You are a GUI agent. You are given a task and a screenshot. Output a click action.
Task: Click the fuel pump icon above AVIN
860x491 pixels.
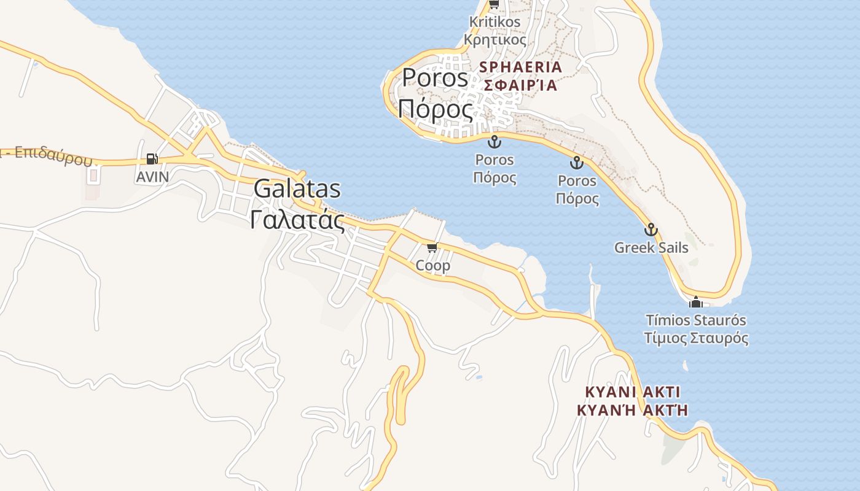[x=152, y=159]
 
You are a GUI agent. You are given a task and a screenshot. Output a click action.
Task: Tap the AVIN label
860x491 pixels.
[x=152, y=177]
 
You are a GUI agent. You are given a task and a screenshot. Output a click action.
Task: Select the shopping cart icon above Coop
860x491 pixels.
[x=432, y=247]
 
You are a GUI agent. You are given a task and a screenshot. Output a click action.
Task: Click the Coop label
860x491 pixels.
[x=433, y=266]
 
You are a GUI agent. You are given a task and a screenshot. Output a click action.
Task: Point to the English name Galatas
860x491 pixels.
[x=297, y=189]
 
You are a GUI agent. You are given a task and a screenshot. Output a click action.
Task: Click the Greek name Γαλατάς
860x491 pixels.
[x=297, y=219]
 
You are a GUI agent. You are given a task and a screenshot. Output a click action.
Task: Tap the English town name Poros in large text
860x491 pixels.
[x=435, y=78]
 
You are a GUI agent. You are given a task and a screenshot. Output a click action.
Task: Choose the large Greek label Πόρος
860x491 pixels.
[x=436, y=109]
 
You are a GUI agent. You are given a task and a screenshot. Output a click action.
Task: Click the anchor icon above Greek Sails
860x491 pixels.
[x=651, y=230]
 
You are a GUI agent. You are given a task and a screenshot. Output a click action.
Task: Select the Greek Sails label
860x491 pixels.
[x=651, y=248]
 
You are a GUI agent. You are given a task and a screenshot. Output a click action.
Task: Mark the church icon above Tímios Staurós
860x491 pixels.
[x=696, y=302]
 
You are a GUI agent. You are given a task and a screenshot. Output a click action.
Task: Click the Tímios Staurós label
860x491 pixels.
[x=696, y=320]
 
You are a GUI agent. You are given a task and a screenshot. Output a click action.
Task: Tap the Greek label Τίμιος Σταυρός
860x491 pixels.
[x=696, y=338]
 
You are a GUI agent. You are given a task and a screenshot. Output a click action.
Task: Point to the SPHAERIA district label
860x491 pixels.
[x=522, y=67]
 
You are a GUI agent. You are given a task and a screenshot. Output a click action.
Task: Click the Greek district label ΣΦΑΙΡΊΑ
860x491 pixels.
[x=520, y=85]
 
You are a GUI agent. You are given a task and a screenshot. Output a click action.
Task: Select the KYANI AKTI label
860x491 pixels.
[x=633, y=392]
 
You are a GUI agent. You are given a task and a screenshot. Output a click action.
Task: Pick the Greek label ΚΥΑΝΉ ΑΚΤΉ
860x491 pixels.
[x=633, y=409]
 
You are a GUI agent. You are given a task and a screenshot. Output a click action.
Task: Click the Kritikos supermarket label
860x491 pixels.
[x=495, y=22]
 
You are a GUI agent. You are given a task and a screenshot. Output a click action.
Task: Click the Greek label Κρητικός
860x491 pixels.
[x=495, y=40]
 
